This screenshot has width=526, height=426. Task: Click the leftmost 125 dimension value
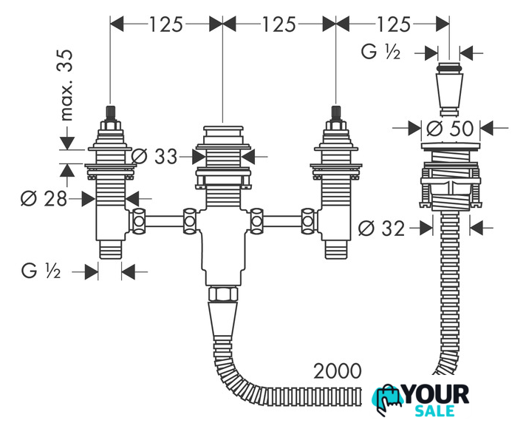[165, 24]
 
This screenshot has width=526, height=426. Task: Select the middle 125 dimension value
[279, 24]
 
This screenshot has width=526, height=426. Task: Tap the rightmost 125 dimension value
[394, 24]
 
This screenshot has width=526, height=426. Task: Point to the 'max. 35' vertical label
[66, 85]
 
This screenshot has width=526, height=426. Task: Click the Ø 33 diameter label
[154, 156]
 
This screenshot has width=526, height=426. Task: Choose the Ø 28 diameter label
[44, 198]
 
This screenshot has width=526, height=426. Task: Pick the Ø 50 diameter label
[450, 128]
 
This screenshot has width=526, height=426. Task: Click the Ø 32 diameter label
[382, 229]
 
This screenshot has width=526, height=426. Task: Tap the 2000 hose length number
[338, 371]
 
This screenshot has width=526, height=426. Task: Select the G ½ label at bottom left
[41, 271]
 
